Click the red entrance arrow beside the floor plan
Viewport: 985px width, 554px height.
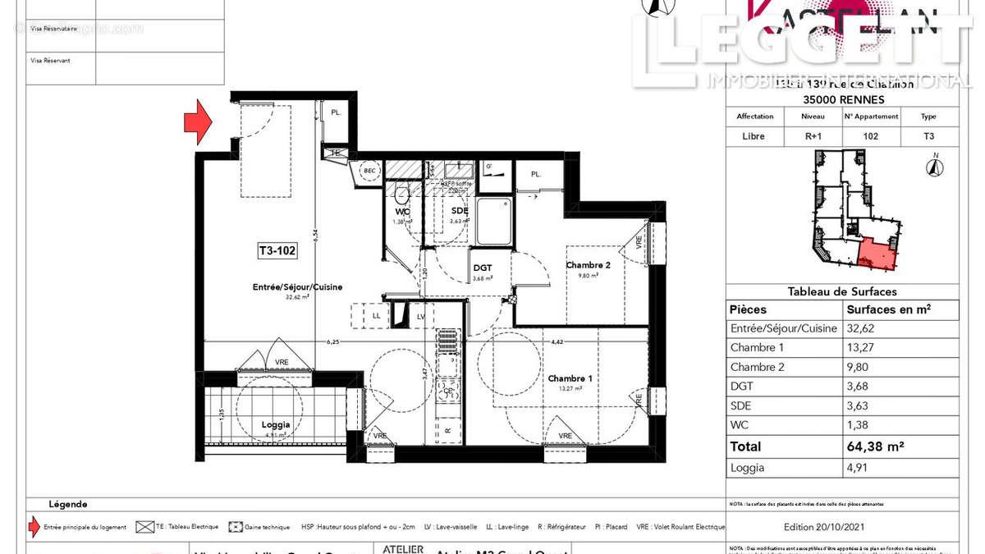[x=197, y=122]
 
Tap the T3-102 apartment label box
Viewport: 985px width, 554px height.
[x=274, y=252]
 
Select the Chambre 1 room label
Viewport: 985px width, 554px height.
[x=569, y=378]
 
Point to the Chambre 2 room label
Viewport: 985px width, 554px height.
[x=588, y=265]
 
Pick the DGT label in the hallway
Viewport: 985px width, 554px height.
[x=483, y=268]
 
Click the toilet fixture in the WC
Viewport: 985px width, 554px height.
[x=401, y=195]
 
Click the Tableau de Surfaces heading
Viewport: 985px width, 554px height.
[x=842, y=291]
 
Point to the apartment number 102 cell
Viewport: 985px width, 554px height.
[x=871, y=137]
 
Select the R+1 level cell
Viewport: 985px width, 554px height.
[x=813, y=137]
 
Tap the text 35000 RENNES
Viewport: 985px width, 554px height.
[x=842, y=99]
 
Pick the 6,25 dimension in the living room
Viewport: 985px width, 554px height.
[x=332, y=341]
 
